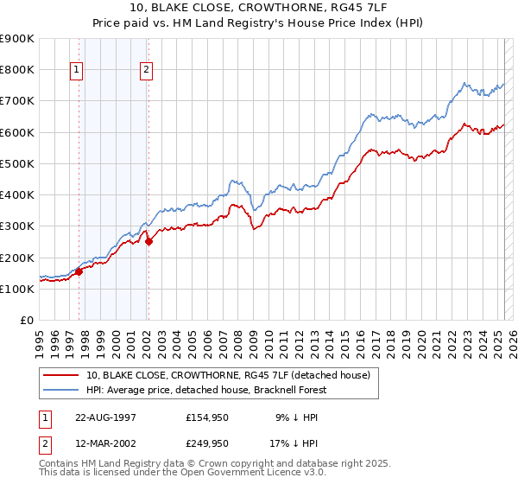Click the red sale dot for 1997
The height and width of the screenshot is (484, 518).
coord(79,271)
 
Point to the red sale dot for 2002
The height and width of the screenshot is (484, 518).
coord(148,242)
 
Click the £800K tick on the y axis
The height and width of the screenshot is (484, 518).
coord(17,69)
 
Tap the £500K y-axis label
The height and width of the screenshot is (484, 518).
coord(17,163)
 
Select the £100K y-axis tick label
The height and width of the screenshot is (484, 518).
coord(17,289)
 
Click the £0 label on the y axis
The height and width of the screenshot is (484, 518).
coord(26,321)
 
